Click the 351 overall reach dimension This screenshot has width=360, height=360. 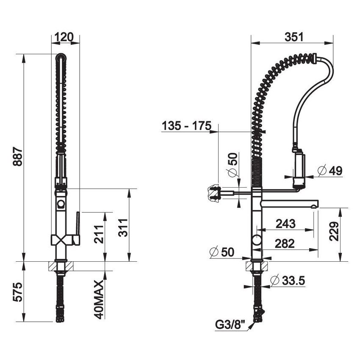294,37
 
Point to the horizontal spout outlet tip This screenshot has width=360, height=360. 313,206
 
